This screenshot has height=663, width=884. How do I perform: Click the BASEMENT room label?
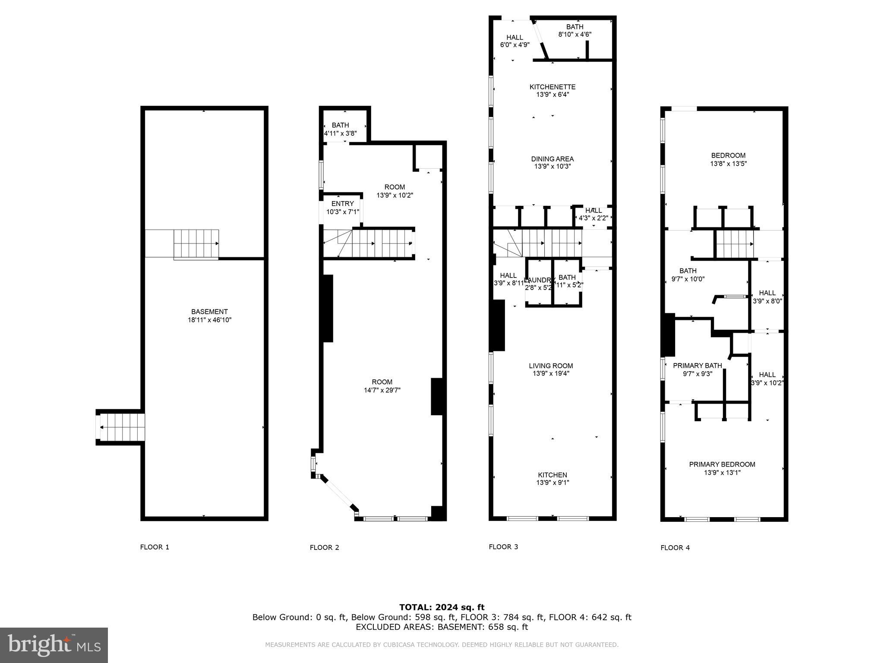tap(209, 312)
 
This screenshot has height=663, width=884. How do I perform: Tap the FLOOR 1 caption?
tap(155, 547)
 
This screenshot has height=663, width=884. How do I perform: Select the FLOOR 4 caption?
tap(675, 548)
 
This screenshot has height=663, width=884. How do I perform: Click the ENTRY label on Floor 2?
tap(343, 204)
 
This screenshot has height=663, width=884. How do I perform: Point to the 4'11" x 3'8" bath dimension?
tap(341, 133)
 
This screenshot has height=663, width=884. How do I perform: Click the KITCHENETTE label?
tap(552, 87)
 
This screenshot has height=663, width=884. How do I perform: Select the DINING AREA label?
tap(552, 159)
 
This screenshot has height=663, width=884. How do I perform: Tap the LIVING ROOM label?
tap(551, 366)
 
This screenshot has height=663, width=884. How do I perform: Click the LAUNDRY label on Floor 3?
tap(538, 280)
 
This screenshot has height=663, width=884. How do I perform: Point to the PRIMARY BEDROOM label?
tap(722, 464)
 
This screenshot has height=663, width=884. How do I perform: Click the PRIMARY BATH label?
tap(698, 366)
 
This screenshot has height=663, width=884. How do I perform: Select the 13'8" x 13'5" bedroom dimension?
tap(729, 164)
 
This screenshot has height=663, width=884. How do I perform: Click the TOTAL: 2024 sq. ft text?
tap(442, 607)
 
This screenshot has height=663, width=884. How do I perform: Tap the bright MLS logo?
tap(54, 645)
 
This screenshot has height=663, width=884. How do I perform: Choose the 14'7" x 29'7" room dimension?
tap(382, 390)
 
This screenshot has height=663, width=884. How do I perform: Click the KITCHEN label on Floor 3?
tap(552, 475)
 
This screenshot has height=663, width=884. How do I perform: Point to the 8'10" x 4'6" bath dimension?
tap(575, 35)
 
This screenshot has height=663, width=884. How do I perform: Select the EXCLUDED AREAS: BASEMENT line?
tap(442, 627)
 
